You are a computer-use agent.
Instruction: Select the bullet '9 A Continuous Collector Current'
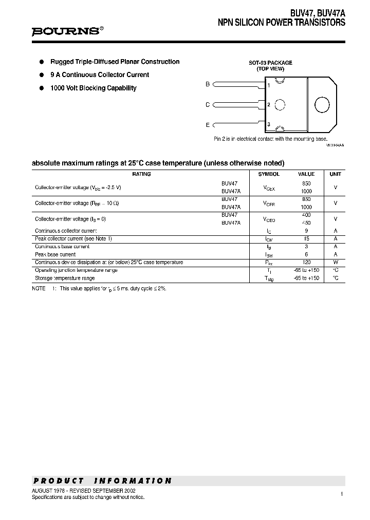[x=99, y=75]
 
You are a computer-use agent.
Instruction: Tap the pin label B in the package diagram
[x=208, y=84]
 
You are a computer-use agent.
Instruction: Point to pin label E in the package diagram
[x=208, y=125]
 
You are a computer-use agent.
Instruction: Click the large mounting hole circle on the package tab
[x=322, y=105]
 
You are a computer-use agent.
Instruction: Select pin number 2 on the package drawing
[x=269, y=105]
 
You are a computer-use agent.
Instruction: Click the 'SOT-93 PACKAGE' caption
[x=270, y=63]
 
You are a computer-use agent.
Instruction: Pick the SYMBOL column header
[x=269, y=174]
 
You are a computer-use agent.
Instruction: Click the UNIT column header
[x=335, y=174]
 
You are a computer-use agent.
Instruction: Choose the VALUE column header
[x=306, y=174]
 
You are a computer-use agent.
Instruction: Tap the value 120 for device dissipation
[x=306, y=263]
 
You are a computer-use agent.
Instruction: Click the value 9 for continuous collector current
[x=306, y=231]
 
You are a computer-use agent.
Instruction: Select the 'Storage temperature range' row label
[x=65, y=278]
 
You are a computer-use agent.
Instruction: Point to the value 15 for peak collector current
[x=306, y=239]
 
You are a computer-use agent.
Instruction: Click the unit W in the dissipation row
[x=335, y=263]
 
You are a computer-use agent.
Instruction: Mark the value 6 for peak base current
[x=306, y=254]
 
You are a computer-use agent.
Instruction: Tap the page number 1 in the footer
[x=341, y=494]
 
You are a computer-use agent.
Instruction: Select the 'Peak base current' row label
[x=55, y=254]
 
